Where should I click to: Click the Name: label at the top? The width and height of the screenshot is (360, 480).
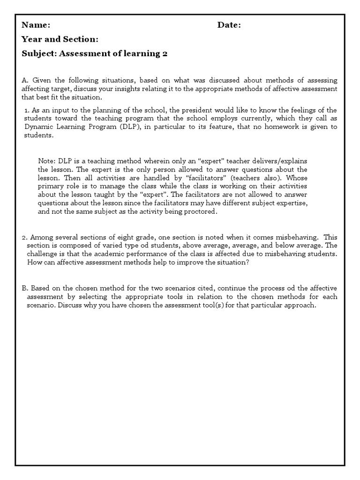36,25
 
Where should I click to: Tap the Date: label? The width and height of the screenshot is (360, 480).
229,25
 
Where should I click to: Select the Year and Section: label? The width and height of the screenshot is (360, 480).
60,39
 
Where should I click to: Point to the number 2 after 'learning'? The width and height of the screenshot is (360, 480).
165,53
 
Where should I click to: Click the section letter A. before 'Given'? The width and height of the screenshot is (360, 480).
25,81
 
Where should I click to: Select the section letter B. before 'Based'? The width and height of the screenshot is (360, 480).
25,288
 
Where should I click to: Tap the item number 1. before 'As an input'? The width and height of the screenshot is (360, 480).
27,110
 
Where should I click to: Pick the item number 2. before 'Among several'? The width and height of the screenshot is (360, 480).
25,238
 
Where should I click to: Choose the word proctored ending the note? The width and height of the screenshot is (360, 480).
202,211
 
